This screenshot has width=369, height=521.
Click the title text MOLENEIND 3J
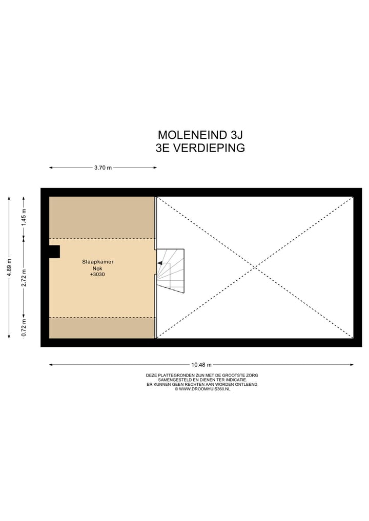click(200, 135)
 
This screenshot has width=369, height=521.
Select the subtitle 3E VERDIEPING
click(200, 149)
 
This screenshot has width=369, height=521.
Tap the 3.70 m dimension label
click(102, 168)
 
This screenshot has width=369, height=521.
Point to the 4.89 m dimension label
click(9, 267)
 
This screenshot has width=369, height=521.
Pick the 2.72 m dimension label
click(24, 278)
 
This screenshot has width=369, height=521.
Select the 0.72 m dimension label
click(24, 326)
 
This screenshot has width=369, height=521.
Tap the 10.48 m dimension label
click(201, 365)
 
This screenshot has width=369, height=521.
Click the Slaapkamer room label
click(97, 262)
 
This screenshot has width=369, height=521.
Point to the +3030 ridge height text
click(97, 275)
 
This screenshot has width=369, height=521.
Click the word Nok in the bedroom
click(97, 268)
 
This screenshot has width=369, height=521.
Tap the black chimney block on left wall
click(54, 252)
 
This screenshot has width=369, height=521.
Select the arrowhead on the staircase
click(159, 263)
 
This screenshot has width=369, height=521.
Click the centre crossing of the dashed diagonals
click(255, 267)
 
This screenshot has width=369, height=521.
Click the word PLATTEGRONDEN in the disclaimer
click(177, 376)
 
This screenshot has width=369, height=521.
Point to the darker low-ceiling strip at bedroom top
click(101, 217)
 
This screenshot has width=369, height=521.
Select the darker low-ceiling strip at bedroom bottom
click(101, 328)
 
